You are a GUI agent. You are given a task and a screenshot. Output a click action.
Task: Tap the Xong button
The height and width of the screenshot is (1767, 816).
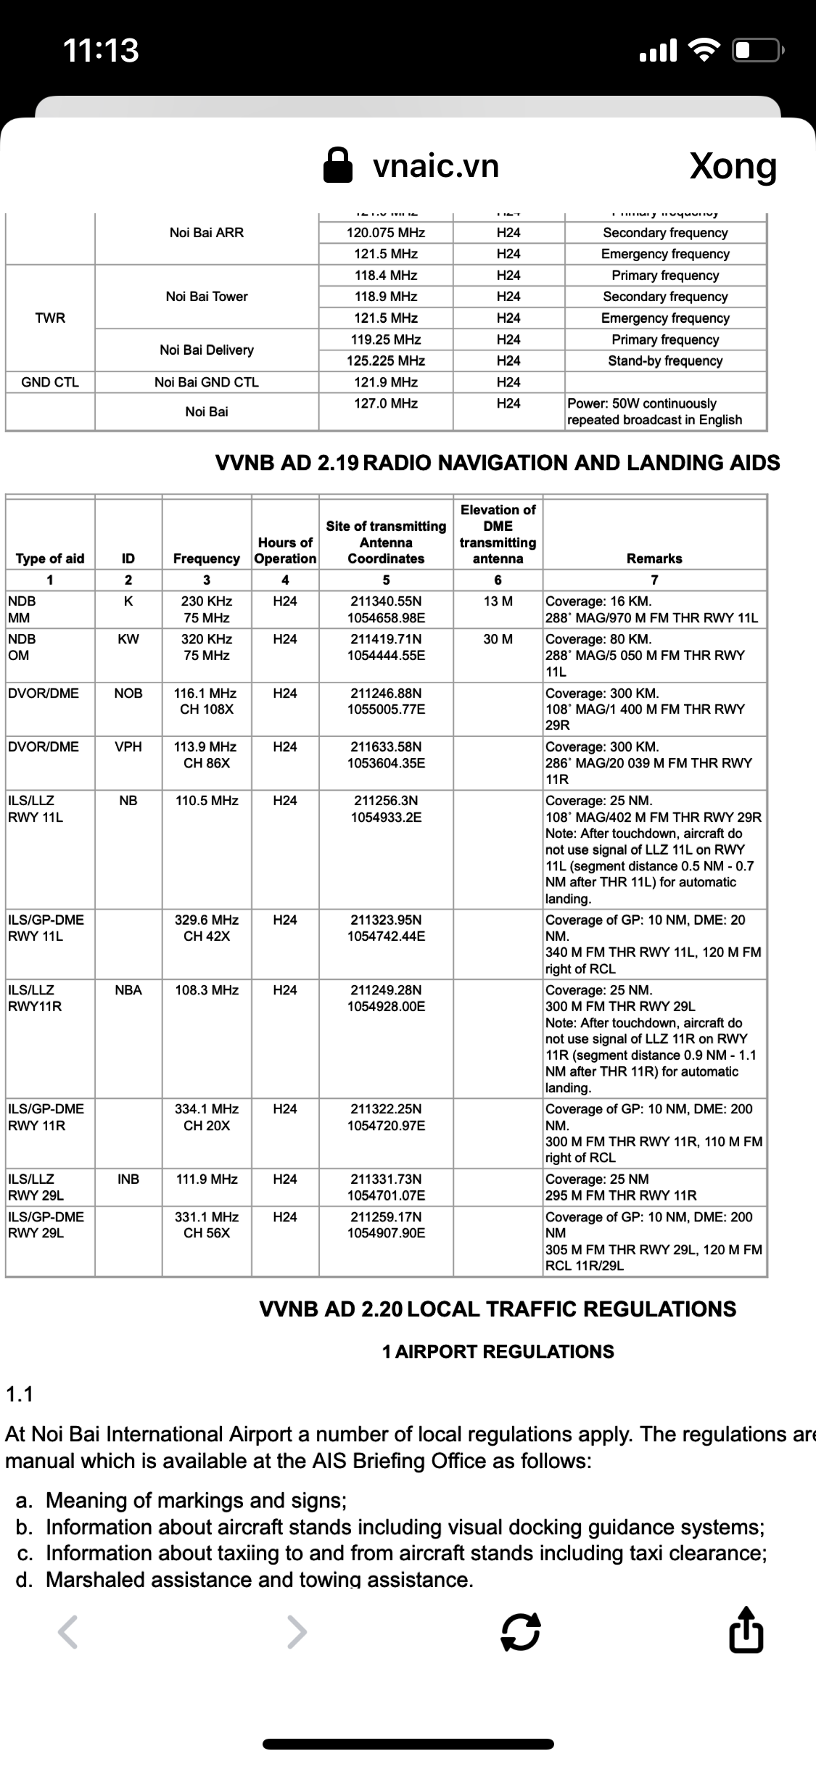pyautogui.click(x=733, y=166)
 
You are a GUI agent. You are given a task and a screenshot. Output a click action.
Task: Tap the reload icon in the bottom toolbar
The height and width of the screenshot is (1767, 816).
pyautogui.click(x=521, y=1631)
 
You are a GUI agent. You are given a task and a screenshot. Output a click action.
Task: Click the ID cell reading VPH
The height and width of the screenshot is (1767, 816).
pyautogui.click(x=128, y=746)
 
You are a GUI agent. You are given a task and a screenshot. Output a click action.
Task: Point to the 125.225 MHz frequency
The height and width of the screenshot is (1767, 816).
pyautogui.click(x=385, y=361)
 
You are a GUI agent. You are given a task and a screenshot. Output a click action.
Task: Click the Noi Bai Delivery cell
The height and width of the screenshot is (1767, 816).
pyautogui.click(x=207, y=350)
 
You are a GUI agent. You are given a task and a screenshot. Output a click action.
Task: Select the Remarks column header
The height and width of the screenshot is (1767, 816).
pyautogui.click(x=654, y=558)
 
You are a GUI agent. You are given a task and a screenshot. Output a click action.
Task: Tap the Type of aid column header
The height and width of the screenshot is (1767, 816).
pyautogui.click(x=50, y=558)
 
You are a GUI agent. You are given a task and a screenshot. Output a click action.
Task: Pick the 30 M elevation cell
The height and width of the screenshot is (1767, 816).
pyautogui.click(x=498, y=639)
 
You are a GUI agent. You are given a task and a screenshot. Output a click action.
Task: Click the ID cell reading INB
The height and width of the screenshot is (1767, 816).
pyautogui.click(x=128, y=1179)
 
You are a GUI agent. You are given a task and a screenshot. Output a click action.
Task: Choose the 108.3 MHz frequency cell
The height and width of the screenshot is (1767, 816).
pyautogui.click(x=206, y=989)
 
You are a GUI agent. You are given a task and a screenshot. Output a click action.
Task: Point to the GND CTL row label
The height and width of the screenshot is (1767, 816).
pyautogui.click(x=50, y=382)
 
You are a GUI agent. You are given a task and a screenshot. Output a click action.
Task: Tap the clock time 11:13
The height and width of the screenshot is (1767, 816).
pyautogui.click(x=101, y=50)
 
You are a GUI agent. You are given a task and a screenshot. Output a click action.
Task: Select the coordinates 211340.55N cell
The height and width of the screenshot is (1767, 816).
pyautogui.click(x=386, y=601)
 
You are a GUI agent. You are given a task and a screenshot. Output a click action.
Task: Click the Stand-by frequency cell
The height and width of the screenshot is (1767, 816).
pyautogui.click(x=665, y=361)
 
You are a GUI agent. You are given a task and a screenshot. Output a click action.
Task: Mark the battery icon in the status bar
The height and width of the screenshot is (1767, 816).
pyautogui.click(x=757, y=50)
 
